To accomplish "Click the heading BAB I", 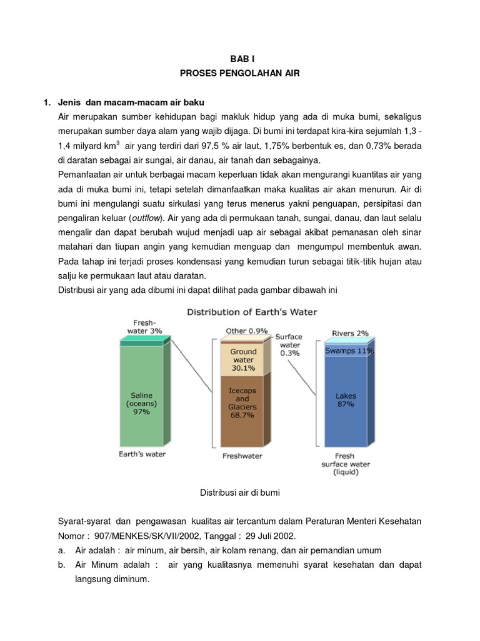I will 240,55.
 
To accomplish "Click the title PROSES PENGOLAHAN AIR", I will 240,73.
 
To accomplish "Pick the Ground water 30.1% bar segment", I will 243,360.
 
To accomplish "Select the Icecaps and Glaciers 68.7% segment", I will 242,403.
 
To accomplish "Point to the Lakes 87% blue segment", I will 345,401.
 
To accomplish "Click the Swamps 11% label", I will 349,351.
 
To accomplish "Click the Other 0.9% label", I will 247,331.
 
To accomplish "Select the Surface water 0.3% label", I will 288,344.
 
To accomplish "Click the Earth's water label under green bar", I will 142,454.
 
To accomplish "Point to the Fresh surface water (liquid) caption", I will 345,464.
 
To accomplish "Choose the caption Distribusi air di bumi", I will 240,493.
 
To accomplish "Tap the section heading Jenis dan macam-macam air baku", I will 131,102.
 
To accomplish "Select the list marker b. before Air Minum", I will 61,565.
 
